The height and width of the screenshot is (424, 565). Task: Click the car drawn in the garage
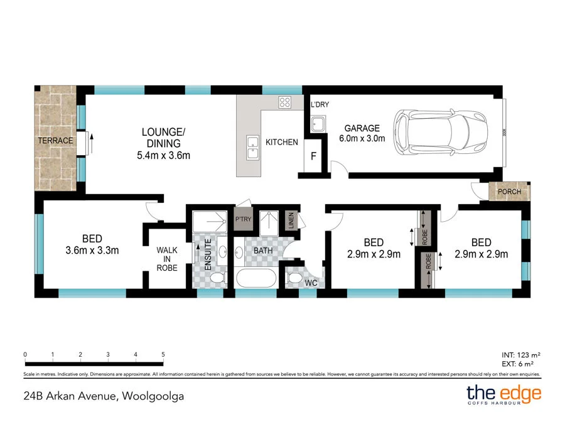pyautogui.click(x=440, y=133)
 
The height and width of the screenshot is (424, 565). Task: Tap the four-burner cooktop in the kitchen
pyautogui.click(x=284, y=102)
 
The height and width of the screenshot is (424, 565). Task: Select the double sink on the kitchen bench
pyautogui.click(x=252, y=148)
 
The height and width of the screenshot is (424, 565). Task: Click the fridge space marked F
pyautogui.click(x=313, y=156)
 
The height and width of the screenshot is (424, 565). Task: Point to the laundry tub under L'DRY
pyautogui.click(x=318, y=124)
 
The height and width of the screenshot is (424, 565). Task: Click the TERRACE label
pyautogui.click(x=55, y=141)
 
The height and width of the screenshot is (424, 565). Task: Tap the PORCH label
pyautogui.click(x=510, y=192)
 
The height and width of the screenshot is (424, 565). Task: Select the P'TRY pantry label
pyautogui.click(x=243, y=219)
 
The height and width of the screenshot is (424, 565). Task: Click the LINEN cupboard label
pyautogui.click(x=291, y=220)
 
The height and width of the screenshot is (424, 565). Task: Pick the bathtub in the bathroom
pyautogui.click(x=256, y=278)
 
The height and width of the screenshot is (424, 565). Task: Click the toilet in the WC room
pyautogui.click(x=295, y=278)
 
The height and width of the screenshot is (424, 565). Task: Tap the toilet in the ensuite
pyautogui.click(x=218, y=278)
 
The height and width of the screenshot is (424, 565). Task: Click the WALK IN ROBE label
pyautogui.click(x=167, y=259)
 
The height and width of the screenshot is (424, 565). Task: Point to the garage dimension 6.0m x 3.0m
pyautogui.click(x=362, y=138)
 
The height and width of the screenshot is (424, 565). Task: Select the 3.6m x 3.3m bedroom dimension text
pyautogui.click(x=92, y=250)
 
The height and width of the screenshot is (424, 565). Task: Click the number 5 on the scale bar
pyautogui.click(x=163, y=354)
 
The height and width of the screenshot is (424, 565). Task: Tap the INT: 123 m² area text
pyautogui.click(x=520, y=355)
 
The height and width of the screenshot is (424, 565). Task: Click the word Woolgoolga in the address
pyautogui.click(x=153, y=396)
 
